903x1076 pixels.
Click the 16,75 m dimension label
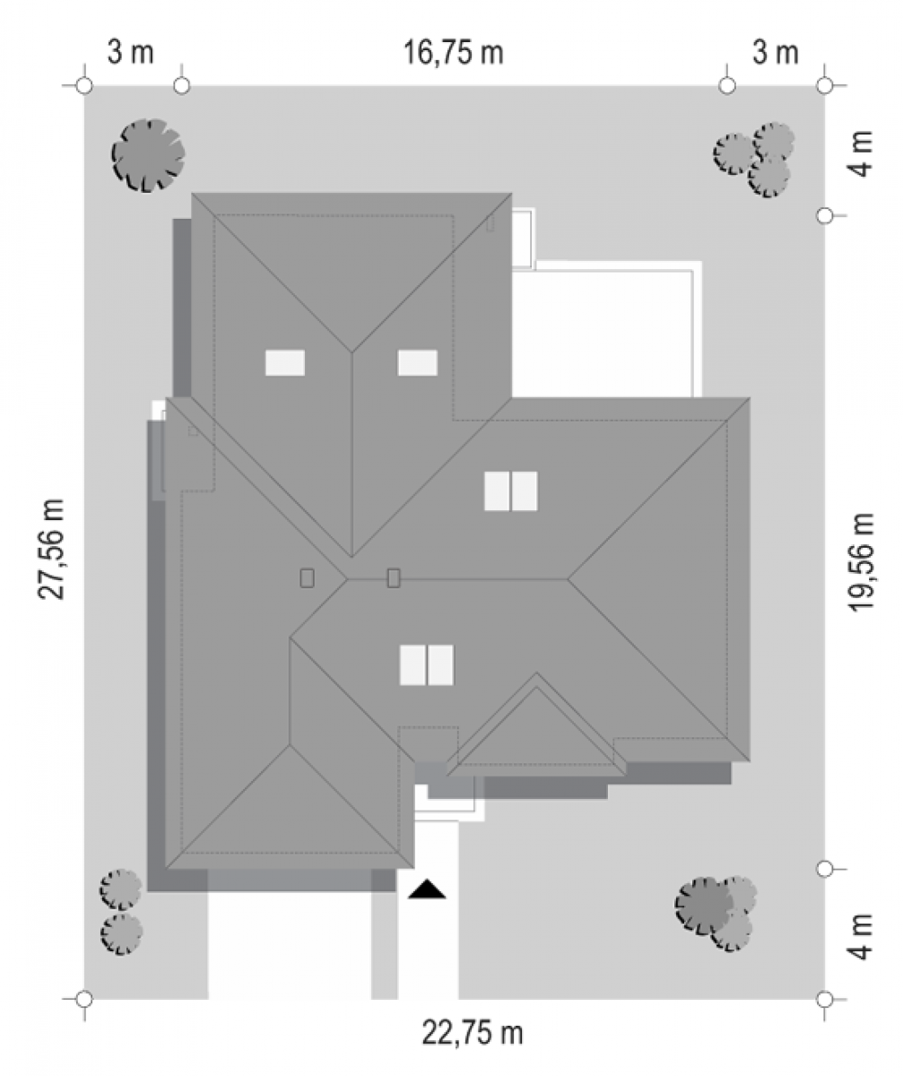click(x=453, y=53)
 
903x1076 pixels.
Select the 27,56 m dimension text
click(x=51, y=550)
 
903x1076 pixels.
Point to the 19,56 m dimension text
click(x=862, y=562)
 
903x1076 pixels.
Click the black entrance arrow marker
click(x=427, y=889)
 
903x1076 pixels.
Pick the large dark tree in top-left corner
click(x=149, y=156)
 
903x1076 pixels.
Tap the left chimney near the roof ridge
click(x=308, y=578)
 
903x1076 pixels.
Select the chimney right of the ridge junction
click(x=394, y=577)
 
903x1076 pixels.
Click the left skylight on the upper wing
click(x=285, y=363)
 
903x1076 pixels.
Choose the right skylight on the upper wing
click(x=418, y=363)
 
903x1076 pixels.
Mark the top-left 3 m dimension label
click(x=130, y=53)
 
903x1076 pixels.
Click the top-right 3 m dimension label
click(x=775, y=53)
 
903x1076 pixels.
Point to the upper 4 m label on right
click(x=862, y=153)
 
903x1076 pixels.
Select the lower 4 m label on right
click(x=862, y=937)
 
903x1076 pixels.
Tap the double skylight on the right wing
click(x=511, y=491)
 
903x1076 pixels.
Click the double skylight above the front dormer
click(x=427, y=664)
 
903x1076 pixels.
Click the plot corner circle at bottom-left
click(x=84, y=999)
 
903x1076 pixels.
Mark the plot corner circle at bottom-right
click(x=825, y=999)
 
